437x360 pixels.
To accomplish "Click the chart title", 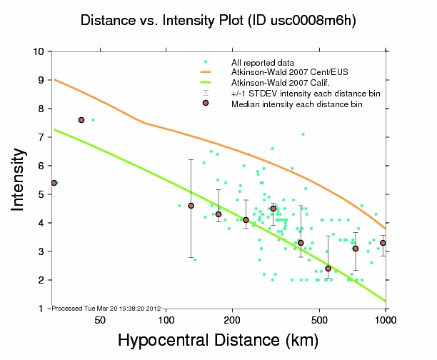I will coord(218,21).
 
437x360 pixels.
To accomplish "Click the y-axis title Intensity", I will coord(19,179).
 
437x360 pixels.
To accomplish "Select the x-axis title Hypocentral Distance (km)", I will coord(218,340).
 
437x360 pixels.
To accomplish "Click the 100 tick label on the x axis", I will coord(166,320).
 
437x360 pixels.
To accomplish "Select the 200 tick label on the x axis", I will coord(233,320).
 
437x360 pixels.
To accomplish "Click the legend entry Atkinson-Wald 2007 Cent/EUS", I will coord(288,72).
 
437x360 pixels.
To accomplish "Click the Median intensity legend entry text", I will coord(296,104).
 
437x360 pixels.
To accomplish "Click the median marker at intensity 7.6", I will coord(81,120).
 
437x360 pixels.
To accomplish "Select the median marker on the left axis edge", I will coord(54,183).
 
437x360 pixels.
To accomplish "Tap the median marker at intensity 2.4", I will coord(328,269).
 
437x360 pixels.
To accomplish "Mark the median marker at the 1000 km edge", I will coord(383,243).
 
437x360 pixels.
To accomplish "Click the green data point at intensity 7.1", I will coord(303,134).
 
